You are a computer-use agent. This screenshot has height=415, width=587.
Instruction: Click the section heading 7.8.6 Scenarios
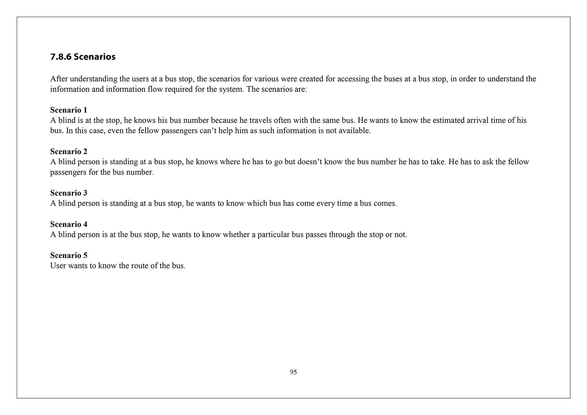click(x=83, y=57)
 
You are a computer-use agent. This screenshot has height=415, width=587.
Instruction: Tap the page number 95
click(x=293, y=372)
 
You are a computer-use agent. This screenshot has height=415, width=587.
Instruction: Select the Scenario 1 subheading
click(x=69, y=110)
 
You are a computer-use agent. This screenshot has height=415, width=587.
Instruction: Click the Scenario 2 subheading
click(x=69, y=151)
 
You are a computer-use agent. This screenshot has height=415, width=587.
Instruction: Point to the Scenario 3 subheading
click(x=69, y=193)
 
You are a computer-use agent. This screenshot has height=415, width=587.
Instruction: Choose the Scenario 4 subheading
click(x=69, y=224)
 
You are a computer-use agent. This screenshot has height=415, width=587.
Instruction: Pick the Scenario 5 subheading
click(x=69, y=255)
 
